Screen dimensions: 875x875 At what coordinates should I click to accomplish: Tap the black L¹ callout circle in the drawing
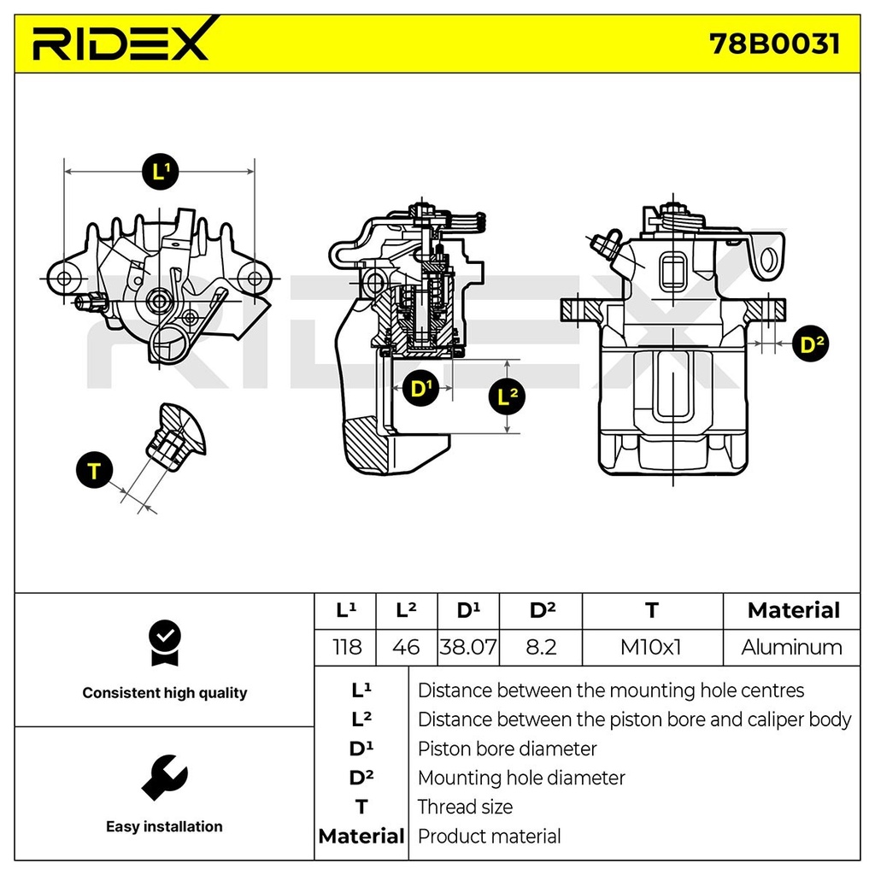coord(160,172)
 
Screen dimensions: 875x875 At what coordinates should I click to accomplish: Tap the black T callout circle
coord(94,471)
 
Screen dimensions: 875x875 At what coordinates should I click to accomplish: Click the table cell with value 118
coord(345,648)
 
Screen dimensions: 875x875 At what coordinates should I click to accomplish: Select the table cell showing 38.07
coord(467,648)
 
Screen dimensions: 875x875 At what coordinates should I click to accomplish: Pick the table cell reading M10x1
coord(651,648)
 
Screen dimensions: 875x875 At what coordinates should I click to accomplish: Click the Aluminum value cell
coord(791,648)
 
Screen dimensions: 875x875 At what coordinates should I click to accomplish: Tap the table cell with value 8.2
coord(542,648)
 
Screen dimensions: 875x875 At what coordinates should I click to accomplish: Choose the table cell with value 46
coord(406,648)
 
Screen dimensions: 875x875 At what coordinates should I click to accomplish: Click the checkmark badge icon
coord(164,642)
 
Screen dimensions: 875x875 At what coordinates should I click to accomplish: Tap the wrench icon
coord(163,777)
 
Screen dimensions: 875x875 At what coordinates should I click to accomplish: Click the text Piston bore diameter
coord(507,749)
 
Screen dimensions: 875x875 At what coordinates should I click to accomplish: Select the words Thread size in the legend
coord(465,807)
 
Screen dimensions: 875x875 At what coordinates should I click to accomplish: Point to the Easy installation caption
coord(164,826)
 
